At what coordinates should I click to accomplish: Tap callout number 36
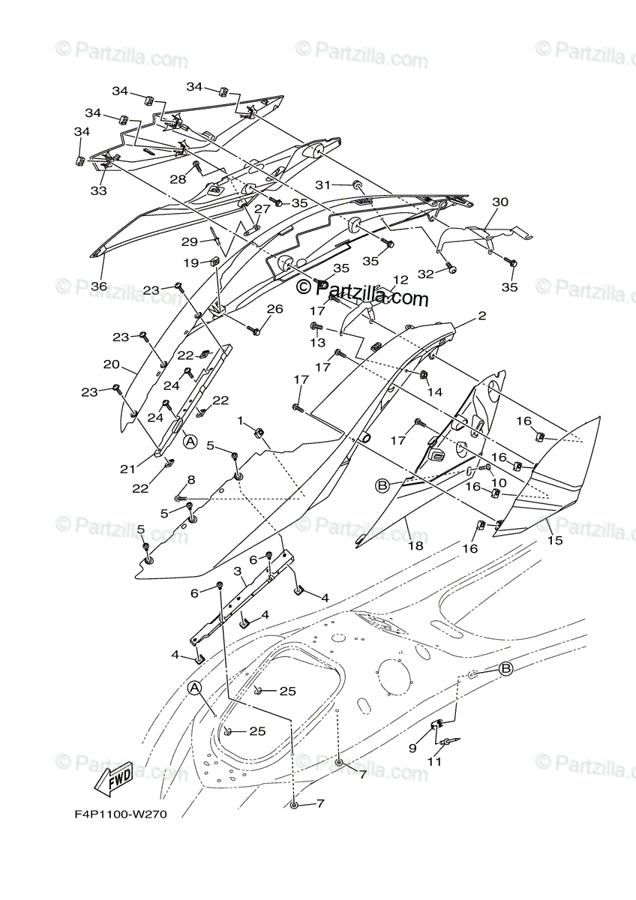coord(99,286)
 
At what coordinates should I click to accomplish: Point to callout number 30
coord(500,202)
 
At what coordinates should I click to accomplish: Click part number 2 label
coord(482,316)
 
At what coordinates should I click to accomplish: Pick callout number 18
coord(415,546)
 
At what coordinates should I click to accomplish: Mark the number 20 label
coord(112,364)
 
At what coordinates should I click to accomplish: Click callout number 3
coord(237,571)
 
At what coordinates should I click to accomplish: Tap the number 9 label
coord(412,748)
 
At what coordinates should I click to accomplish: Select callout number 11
coord(433,761)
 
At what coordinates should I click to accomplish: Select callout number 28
coord(178,178)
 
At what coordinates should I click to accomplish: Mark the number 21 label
coord(128,469)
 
